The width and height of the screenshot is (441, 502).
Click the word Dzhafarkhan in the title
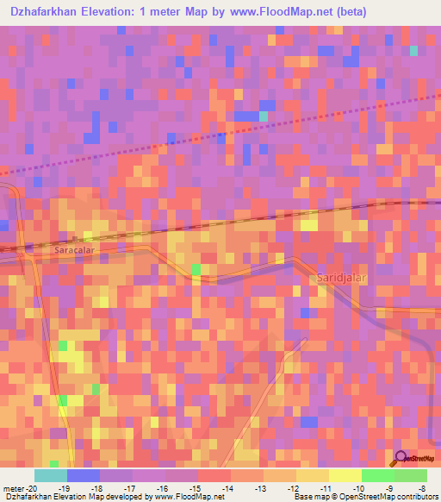(x=51, y=12)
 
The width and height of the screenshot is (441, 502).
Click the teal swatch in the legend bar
(x=51, y=475)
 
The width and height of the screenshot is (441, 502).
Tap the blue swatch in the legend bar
(x=84, y=475)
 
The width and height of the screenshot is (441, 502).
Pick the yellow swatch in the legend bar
(x=345, y=475)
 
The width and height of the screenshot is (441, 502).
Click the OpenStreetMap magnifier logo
(x=402, y=457)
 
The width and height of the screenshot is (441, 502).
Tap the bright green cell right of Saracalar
(x=196, y=270)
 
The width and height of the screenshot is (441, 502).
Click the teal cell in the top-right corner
(x=414, y=51)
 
